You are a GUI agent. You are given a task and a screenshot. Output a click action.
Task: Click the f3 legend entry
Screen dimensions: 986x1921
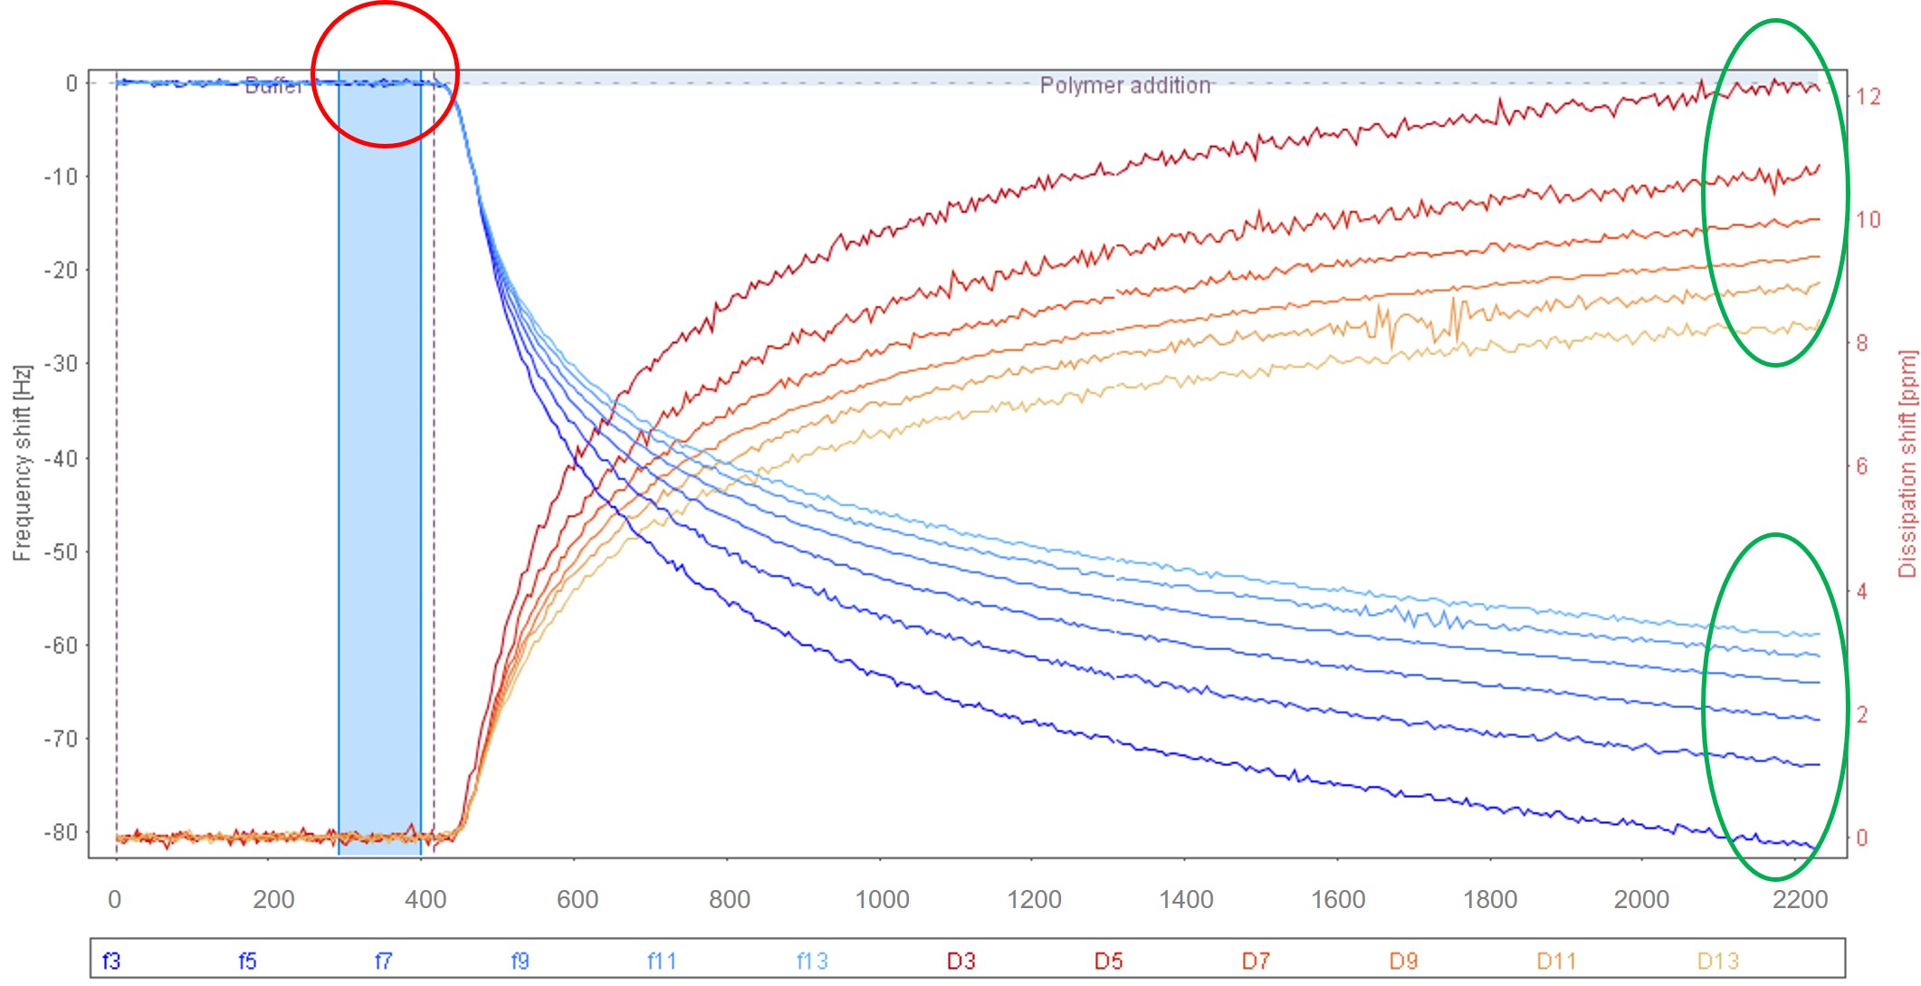coord(111,961)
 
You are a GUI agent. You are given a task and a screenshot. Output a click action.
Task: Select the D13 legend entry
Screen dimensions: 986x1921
coord(1717,961)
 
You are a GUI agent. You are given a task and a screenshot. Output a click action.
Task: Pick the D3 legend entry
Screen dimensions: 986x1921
coord(960,961)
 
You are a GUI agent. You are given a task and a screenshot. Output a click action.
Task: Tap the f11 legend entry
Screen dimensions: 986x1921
coord(662,961)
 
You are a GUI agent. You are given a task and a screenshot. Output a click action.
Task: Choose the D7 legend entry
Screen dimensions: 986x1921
coord(1255,961)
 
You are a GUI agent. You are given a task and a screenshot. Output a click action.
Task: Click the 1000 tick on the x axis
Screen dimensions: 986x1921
coord(882,899)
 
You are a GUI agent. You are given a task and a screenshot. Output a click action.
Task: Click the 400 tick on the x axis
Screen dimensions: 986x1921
coord(425,899)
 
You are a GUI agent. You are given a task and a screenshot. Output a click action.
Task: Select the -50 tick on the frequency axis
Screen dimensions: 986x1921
coord(62,551)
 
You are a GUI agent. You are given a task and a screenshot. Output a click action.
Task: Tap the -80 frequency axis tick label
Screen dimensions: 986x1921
coord(62,832)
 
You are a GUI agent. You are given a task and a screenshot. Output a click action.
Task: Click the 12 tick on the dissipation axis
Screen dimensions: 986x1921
coord(1868,96)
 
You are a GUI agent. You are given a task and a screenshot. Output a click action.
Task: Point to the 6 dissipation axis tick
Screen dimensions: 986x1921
coord(1862,466)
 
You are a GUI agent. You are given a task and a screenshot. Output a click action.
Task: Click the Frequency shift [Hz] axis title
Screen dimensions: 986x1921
coord(22,463)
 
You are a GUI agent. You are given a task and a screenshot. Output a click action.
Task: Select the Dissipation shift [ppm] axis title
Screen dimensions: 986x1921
coord(1907,463)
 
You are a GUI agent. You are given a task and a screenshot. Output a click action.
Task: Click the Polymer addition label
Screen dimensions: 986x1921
coord(1124,85)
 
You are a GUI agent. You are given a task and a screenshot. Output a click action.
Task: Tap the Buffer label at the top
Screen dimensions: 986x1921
coord(272,86)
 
